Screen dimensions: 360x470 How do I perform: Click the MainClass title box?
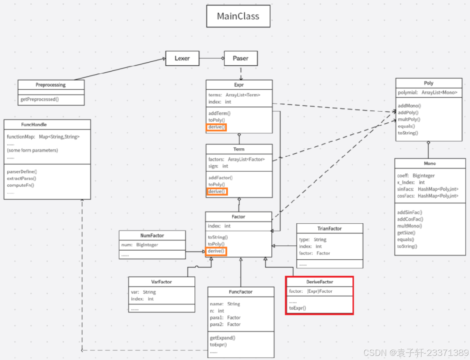(238, 16)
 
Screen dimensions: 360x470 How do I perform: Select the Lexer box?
(182, 58)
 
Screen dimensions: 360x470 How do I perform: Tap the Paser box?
(241, 58)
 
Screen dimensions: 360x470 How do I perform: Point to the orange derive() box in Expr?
(216, 127)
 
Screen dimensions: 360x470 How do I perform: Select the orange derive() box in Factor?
(216, 251)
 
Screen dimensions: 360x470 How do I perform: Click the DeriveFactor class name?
(319, 282)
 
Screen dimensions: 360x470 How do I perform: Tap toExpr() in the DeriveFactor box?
(297, 308)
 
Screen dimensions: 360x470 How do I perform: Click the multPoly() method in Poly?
(409, 119)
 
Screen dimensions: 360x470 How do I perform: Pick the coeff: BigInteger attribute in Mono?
(416, 176)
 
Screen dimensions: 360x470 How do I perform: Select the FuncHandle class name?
(34, 125)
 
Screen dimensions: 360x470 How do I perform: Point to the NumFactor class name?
(152, 235)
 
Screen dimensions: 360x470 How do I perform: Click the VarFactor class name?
(161, 282)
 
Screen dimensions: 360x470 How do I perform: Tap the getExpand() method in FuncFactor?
(223, 338)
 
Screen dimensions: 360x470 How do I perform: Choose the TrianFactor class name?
(329, 229)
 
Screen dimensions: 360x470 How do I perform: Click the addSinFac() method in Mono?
(410, 212)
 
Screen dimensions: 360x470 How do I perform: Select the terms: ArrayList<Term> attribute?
(234, 95)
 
